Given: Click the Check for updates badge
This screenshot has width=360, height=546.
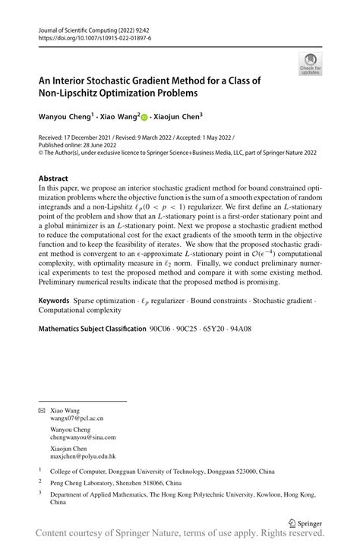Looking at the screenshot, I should tap(310, 64).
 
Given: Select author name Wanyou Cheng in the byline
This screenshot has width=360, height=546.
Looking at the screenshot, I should tap(65, 118).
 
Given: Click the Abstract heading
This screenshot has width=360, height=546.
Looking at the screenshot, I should tap(53, 178).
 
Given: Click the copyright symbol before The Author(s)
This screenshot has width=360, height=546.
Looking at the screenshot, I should tap(41, 152).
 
